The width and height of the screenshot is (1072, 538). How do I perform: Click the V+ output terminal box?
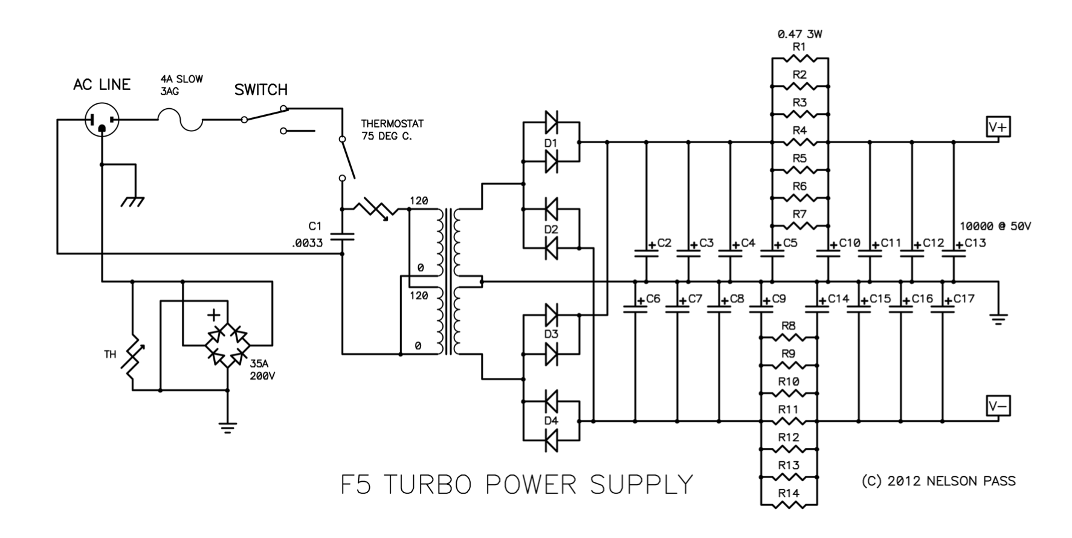(998, 128)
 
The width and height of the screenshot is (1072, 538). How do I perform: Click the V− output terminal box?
(998, 406)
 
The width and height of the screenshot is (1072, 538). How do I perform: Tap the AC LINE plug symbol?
(102, 120)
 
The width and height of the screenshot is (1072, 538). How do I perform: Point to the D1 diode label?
(551, 143)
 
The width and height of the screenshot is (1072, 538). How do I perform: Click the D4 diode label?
(551, 421)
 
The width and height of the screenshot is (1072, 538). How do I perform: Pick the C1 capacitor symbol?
(342, 236)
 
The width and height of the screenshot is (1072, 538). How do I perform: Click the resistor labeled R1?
(800, 59)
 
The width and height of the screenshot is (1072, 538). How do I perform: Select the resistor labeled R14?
(789, 504)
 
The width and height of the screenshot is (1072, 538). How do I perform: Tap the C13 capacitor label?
(975, 242)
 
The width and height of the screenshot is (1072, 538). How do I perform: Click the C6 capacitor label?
(653, 298)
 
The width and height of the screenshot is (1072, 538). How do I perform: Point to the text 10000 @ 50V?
(995, 226)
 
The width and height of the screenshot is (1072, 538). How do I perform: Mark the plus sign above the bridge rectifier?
(213, 315)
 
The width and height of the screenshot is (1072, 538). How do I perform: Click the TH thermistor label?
(109, 354)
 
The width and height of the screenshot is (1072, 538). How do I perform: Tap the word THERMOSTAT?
(392, 123)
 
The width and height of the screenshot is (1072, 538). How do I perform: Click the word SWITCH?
(261, 90)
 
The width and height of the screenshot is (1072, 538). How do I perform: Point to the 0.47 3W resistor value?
(800, 34)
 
